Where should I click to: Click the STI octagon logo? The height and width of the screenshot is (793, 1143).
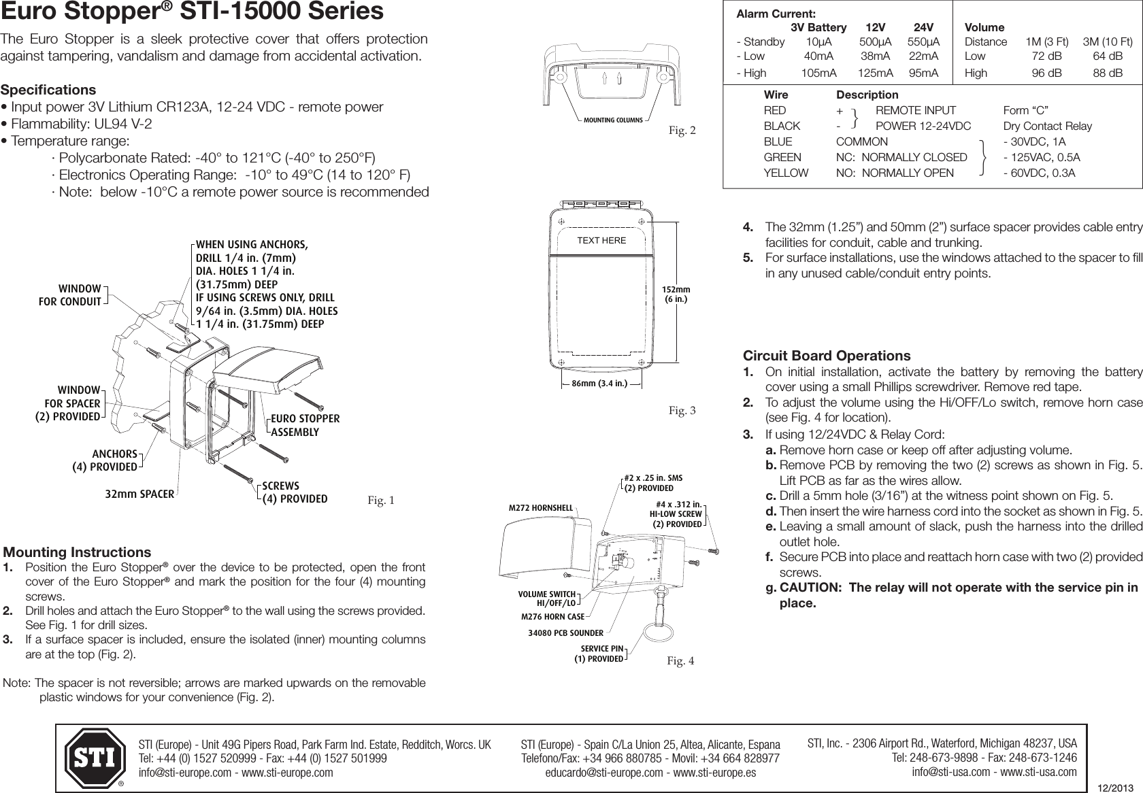click(95, 757)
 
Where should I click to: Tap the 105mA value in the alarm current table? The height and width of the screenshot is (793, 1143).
click(818, 73)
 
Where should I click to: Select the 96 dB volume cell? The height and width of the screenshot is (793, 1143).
click(1046, 73)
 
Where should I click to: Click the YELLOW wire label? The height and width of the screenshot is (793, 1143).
click(786, 173)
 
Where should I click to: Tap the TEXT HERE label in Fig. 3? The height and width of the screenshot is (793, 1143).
click(601, 240)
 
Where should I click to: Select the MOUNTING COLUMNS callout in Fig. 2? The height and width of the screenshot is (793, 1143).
click(613, 120)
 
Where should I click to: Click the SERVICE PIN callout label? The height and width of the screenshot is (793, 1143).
click(601, 654)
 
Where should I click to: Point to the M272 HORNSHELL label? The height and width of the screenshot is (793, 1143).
click(541, 507)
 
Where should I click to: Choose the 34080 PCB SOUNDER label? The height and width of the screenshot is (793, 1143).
click(565, 633)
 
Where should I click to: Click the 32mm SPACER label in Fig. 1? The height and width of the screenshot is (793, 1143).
click(139, 494)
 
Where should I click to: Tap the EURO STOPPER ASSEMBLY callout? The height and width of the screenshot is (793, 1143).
click(305, 425)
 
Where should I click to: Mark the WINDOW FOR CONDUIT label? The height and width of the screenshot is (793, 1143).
click(70, 295)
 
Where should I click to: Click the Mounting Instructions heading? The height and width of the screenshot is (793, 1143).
click(78, 552)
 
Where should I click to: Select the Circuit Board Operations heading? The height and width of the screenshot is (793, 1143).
click(827, 356)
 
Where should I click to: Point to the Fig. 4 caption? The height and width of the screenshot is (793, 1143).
click(681, 660)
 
